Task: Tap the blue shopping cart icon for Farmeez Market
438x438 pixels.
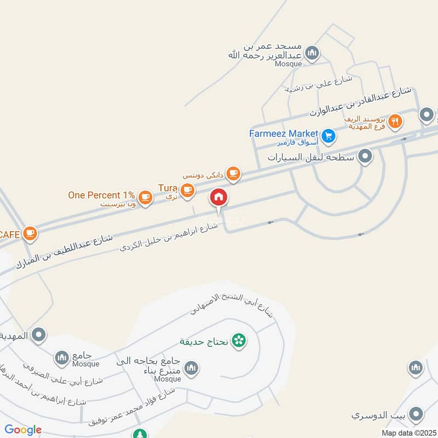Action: coord(328,136)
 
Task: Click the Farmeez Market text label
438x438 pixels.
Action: coord(284,133)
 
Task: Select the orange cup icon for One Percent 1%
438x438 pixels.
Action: coord(145,197)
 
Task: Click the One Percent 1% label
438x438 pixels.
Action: coord(101,194)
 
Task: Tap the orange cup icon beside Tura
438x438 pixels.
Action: coord(188,190)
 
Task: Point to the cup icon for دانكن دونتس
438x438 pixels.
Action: coord(233,174)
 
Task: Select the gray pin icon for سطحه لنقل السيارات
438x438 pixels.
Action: coord(365,158)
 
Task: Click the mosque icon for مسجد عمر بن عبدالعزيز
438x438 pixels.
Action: coord(312,53)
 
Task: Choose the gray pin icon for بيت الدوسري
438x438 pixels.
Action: coord(417,414)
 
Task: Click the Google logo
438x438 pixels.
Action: coord(23,430)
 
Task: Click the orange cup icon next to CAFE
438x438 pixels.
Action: coord(30,234)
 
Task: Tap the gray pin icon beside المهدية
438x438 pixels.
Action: coord(38,335)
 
